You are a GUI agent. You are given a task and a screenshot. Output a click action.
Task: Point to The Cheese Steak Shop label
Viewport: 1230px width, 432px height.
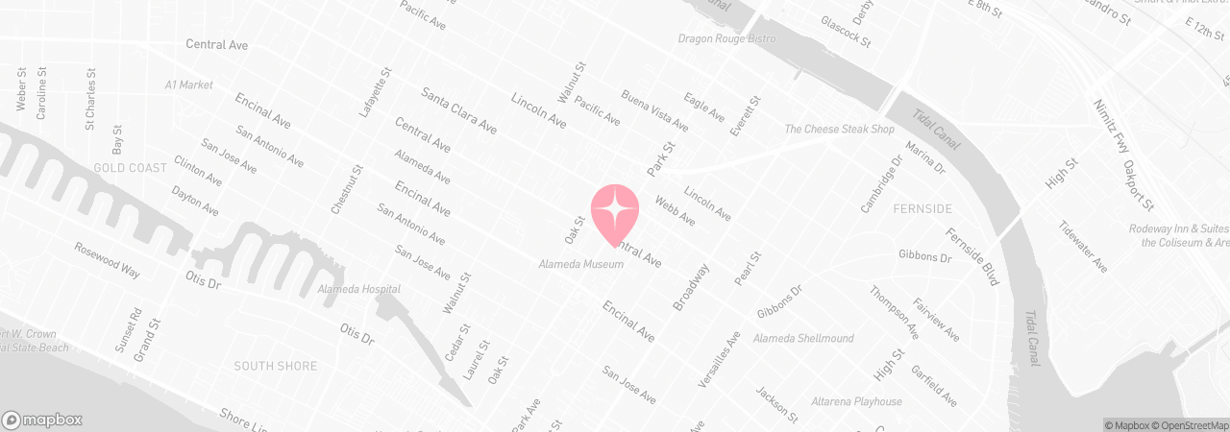(x=839, y=130)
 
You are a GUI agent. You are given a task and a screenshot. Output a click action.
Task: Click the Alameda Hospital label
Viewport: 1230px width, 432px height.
(x=359, y=289)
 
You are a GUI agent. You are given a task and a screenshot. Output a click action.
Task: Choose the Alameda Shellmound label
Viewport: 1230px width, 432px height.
(x=803, y=339)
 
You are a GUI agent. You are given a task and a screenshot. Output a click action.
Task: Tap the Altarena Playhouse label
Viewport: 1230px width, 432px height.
(x=857, y=401)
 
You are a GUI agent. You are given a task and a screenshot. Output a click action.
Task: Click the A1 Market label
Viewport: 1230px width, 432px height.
(x=188, y=85)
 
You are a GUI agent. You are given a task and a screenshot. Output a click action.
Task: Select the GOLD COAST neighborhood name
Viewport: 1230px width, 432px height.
(x=131, y=168)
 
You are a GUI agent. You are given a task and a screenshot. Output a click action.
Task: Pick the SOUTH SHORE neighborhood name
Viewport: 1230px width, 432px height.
(x=276, y=366)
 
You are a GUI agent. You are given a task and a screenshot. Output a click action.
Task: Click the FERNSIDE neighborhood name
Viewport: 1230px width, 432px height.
(x=922, y=208)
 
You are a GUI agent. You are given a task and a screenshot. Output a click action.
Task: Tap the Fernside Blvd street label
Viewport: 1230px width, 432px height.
(x=972, y=256)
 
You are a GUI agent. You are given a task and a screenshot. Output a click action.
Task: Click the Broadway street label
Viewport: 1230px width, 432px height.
(x=691, y=287)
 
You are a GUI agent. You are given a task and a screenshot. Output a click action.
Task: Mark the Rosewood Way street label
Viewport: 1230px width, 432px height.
(x=108, y=259)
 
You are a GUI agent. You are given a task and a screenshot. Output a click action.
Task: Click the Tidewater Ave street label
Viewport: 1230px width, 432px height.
(x=1083, y=247)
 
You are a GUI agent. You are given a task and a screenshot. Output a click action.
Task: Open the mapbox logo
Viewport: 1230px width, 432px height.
(x=42, y=420)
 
